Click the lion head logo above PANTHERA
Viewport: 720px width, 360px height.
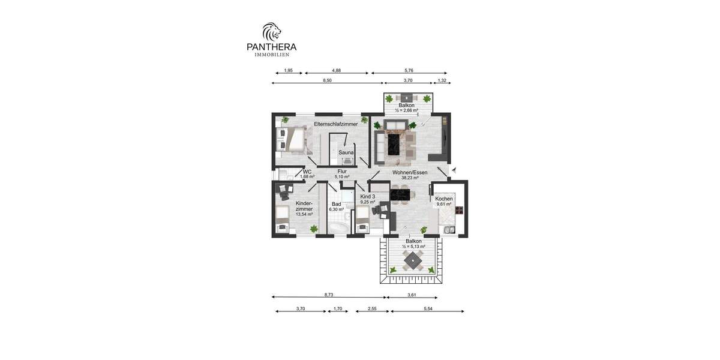coord(271,31)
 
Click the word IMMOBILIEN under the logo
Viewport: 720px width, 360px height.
coord(272,55)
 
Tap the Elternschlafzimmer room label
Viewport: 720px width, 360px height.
coord(335,124)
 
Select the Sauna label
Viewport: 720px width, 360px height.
coord(346,152)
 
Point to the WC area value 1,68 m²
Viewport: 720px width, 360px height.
coord(308,177)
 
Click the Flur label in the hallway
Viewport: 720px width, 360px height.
coord(342,172)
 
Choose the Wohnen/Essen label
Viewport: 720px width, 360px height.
coord(410,173)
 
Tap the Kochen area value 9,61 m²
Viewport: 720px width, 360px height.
coord(444,204)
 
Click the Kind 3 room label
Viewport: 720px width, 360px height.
coord(367,197)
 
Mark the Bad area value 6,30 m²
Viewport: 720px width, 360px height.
coord(337,209)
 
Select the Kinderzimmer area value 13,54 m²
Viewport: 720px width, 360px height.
coord(304,214)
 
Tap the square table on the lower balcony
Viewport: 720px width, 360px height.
coord(412,261)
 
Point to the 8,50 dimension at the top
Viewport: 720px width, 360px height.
coord(327,80)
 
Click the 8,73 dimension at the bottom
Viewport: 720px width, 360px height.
coord(329,295)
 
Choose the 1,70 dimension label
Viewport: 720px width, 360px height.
coord(337,308)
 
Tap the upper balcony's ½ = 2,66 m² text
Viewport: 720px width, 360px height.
coord(406,111)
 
